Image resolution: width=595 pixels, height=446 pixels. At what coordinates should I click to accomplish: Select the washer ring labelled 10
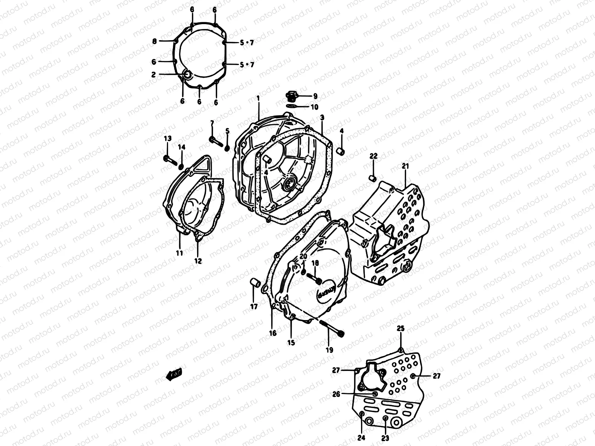point(292,107)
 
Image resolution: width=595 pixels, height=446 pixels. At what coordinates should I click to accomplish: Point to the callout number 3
point(322,117)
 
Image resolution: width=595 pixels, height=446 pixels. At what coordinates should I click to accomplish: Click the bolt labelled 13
point(170,160)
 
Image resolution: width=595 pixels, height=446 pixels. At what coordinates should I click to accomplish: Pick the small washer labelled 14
point(181,166)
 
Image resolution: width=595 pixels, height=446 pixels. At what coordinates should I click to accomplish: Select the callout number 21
point(405,166)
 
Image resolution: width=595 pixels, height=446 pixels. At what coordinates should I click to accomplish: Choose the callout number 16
point(273,333)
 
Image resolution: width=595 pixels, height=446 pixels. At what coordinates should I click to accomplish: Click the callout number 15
point(291,342)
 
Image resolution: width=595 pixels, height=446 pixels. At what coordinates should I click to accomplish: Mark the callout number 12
point(198,261)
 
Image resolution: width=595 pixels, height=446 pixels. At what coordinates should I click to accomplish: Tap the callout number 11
point(180,253)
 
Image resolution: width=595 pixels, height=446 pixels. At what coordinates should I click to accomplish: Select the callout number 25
point(400,328)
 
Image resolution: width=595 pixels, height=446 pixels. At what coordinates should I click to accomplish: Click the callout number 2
point(153,74)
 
